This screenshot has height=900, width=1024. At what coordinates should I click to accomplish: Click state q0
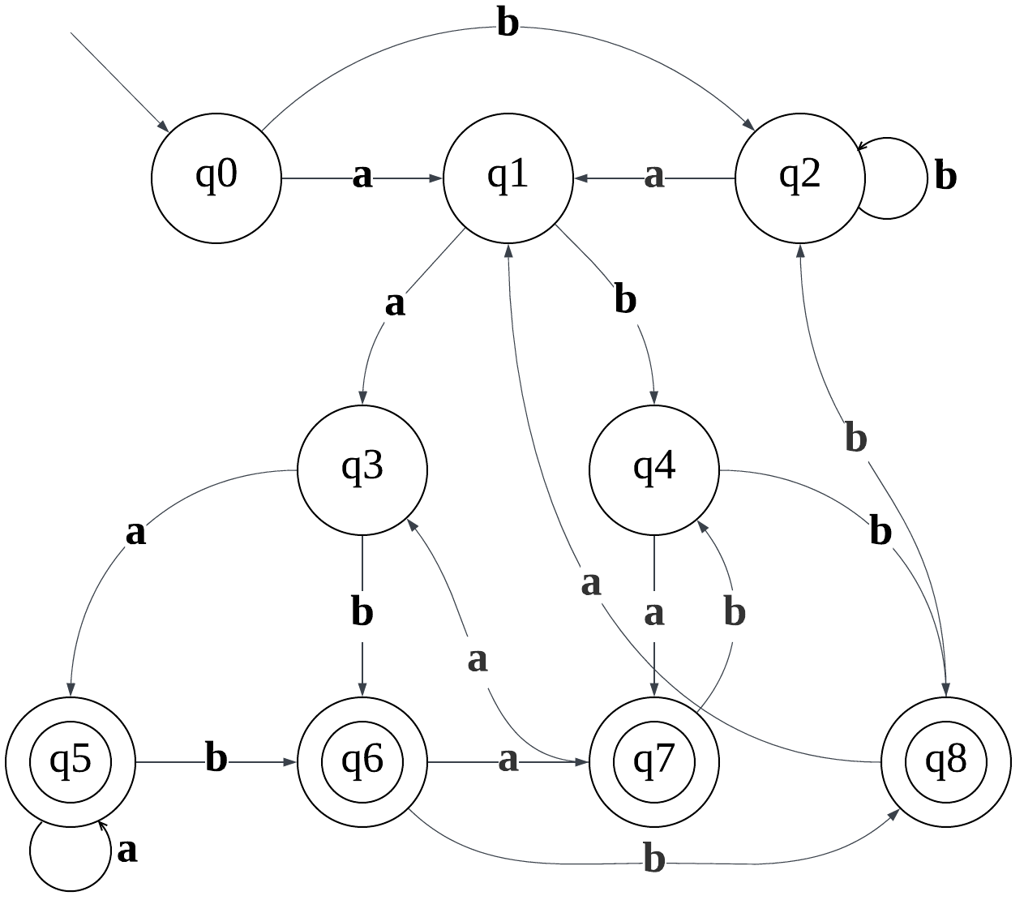(x=216, y=178)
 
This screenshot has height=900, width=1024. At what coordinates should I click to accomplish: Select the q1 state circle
(x=508, y=178)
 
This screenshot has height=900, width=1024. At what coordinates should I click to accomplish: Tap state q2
(x=799, y=178)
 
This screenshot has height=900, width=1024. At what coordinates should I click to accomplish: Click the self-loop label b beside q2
(x=945, y=176)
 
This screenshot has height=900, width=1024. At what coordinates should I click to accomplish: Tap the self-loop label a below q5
(x=127, y=851)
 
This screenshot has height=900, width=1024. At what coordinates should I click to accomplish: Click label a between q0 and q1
(x=362, y=175)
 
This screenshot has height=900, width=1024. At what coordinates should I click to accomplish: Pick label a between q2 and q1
(x=653, y=175)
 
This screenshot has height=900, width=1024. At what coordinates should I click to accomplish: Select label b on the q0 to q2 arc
(x=508, y=24)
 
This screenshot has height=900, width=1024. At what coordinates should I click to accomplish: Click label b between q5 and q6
(x=216, y=759)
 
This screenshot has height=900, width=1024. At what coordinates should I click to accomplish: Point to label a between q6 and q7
(x=508, y=760)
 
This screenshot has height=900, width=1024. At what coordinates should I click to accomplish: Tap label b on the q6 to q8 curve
(x=653, y=859)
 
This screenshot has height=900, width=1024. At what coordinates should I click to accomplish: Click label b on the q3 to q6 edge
(x=362, y=612)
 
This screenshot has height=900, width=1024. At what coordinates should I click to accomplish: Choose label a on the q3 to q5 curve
(x=135, y=533)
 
